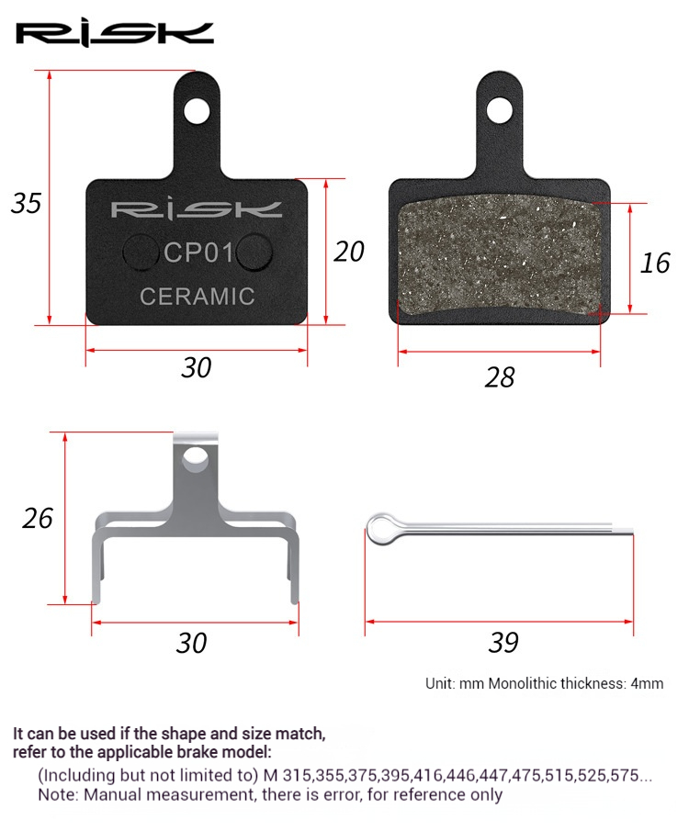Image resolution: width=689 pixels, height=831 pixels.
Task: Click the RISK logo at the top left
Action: coord(115,35)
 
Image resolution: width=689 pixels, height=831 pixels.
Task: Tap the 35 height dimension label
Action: coord(26,203)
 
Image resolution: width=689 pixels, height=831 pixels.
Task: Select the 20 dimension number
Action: coord(349,252)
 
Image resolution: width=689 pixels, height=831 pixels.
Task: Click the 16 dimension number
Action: coord(655,263)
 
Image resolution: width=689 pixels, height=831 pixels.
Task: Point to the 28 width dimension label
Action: coord(499,377)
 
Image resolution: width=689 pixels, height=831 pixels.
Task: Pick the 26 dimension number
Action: coord(38,518)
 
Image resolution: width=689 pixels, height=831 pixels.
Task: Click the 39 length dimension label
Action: coord(503,643)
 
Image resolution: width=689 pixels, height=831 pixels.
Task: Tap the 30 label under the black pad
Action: coord(197,367)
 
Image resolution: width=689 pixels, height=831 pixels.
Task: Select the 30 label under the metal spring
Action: coord(191,643)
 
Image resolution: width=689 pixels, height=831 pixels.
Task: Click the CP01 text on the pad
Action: coord(198,253)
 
